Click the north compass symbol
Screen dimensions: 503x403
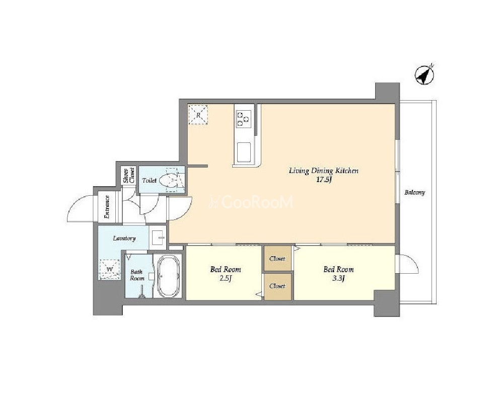[x=424, y=75]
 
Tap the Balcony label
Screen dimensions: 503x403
[x=414, y=193]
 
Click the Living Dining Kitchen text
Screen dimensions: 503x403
[x=324, y=171]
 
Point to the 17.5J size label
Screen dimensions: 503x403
[x=324, y=180]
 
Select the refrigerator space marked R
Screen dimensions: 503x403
[x=198, y=114]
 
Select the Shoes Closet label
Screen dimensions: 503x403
[x=129, y=176]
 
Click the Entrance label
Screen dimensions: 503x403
[x=107, y=207]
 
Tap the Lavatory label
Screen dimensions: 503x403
[x=124, y=238]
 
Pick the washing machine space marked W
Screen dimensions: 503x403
[x=109, y=269]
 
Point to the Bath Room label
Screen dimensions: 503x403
[x=137, y=275]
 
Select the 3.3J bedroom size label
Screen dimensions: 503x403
[x=338, y=278]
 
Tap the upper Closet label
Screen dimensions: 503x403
[x=277, y=259]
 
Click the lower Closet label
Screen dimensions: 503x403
[x=277, y=286]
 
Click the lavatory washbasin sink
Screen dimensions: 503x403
[x=158, y=237]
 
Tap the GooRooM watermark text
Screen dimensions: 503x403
[x=251, y=202]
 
